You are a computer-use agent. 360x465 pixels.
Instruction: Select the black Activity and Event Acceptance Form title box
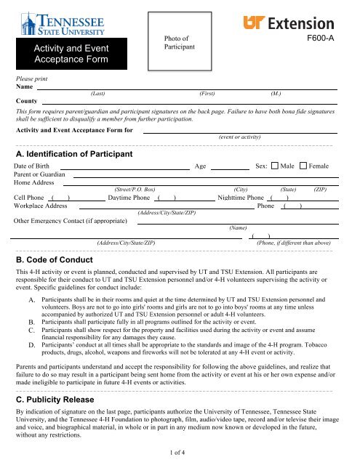(x=70, y=54)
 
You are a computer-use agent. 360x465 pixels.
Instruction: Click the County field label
(x=27, y=101)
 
